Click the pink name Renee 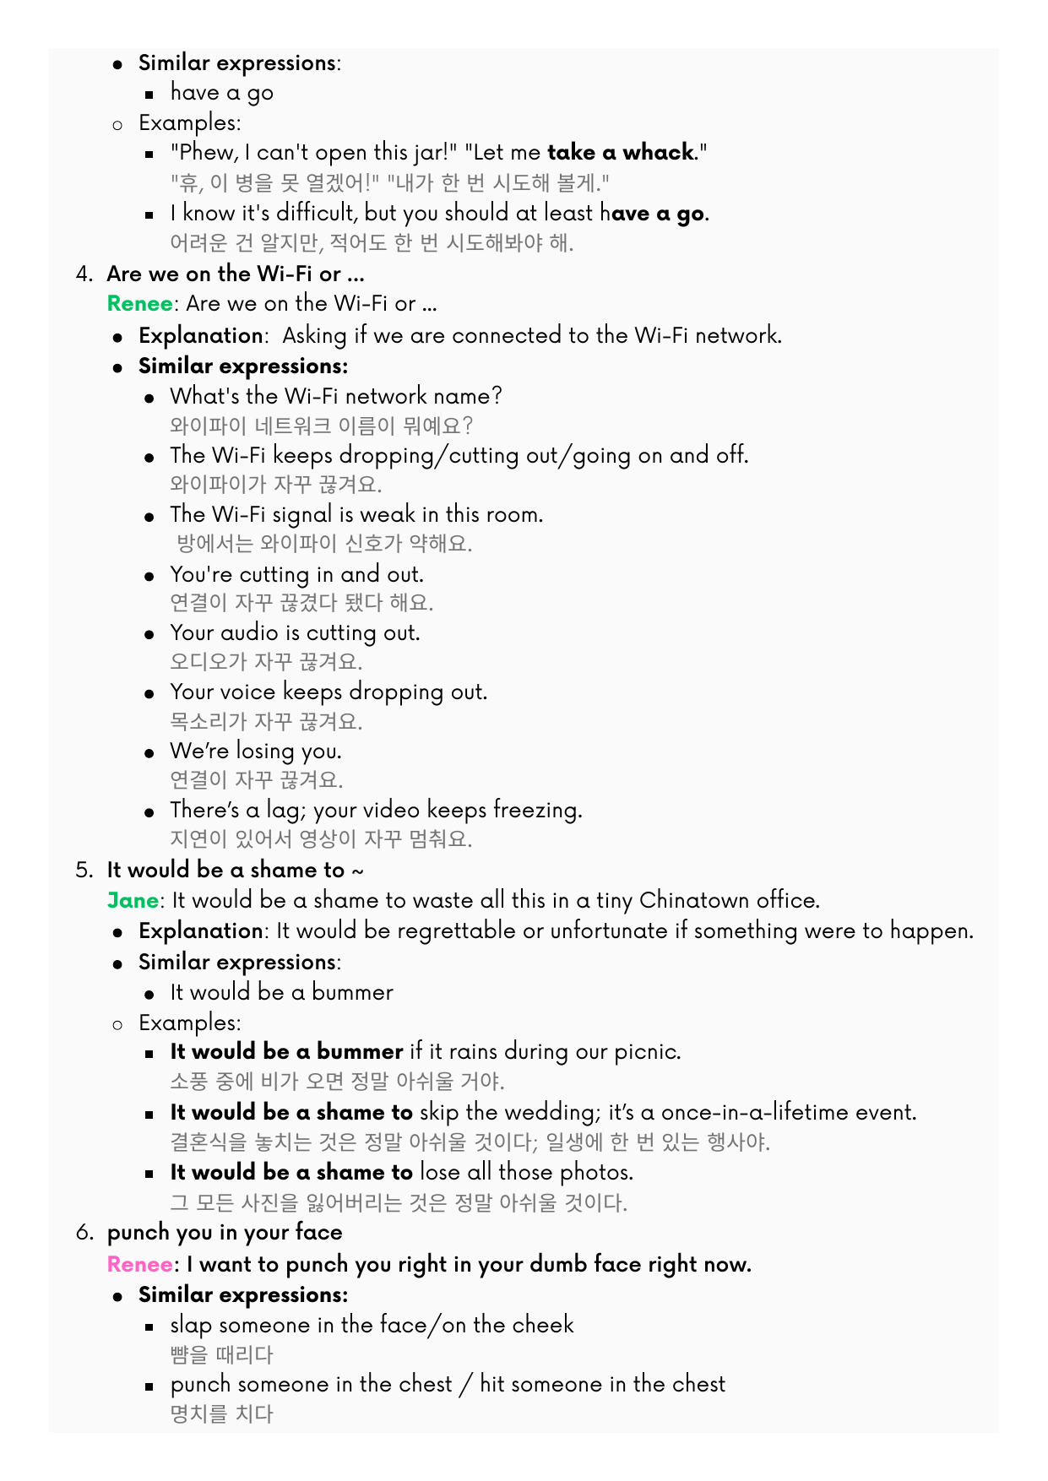[139, 1264]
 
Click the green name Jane [133, 900]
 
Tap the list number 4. [83, 274]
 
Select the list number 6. [83, 1233]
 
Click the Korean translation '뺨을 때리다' [221, 1355]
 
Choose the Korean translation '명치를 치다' [221, 1414]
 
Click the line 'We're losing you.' [255, 751]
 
